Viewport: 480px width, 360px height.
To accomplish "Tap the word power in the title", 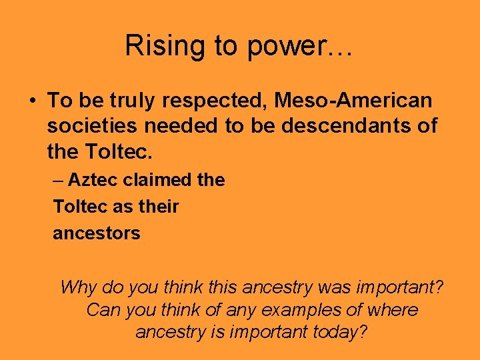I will [x=276, y=46].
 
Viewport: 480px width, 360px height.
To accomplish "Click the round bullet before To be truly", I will [x=33, y=101].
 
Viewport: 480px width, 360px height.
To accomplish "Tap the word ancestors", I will [x=97, y=233].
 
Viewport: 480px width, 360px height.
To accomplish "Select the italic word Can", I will [x=101, y=310].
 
